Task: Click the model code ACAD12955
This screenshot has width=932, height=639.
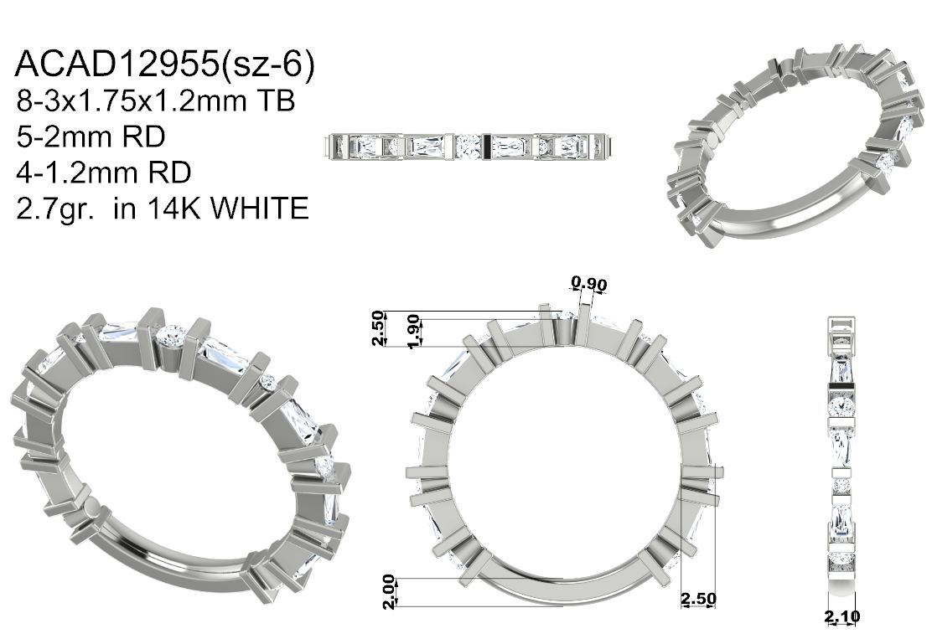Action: point(116,64)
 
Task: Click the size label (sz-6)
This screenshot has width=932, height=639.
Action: point(267,64)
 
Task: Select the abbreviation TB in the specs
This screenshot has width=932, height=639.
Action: point(275,101)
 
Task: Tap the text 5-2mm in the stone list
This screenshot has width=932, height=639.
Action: point(65,137)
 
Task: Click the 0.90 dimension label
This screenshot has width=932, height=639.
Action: point(589,283)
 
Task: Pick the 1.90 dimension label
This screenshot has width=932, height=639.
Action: point(414,332)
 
